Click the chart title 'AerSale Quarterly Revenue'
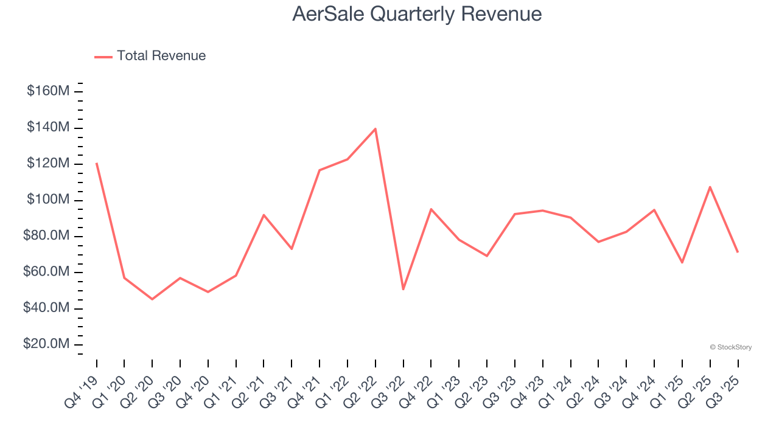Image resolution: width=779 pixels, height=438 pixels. (x=417, y=13)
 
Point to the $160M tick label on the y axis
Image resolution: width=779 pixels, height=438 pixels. (x=47, y=91)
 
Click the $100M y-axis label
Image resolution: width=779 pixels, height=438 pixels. (x=47, y=200)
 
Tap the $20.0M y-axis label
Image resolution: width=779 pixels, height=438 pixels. (x=46, y=344)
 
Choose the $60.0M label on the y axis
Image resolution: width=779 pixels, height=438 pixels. (x=46, y=272)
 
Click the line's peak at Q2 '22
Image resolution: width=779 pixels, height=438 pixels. (x=376, y=128)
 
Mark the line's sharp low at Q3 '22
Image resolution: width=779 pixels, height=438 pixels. (x=403, y=289)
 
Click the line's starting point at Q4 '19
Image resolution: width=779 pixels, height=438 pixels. (x=97, y=163)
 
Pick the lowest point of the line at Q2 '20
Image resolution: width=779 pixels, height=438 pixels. (x=152, y=299)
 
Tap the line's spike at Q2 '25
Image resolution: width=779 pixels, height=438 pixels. (x=710, y=187)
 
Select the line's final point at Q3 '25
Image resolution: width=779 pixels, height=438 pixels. (x=738, y=252)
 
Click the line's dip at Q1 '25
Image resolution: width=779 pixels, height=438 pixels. (x=682, y=262)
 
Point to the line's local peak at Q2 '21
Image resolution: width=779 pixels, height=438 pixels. (x=264, y=215)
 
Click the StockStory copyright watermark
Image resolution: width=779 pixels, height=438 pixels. (x=730, y=347)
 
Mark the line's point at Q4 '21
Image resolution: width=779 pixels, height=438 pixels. (x=320, y=170)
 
